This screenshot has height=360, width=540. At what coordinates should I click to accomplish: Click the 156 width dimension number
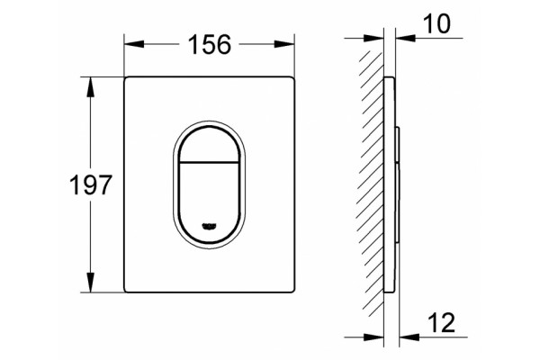pyautogui.click(x=210, y=44)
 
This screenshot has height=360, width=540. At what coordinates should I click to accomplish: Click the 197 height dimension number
pyautogui.click(x=91, y=185)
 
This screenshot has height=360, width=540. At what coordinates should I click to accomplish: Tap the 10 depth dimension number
pyautogui.click(x=436, y=23)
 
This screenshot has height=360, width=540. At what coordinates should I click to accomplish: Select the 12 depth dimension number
pyautogui.click(x=442, y=323)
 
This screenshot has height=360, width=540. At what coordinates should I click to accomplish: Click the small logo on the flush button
pyautogui.click(x=209, y=226)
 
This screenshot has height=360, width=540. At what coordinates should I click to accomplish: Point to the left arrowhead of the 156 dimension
pyautogui.click(x=134, y=44)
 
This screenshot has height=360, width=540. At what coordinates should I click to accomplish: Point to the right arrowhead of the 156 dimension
pyautogui.click(x=284, y=44)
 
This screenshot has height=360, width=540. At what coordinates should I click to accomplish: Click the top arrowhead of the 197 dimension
pyautogui.click(x=91, y=86)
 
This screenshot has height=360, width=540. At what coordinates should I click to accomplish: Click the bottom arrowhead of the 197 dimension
pyautogui.click(x=91, y=283)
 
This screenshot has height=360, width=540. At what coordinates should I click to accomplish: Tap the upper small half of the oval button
pyautogui.click(x=209, y=145)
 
